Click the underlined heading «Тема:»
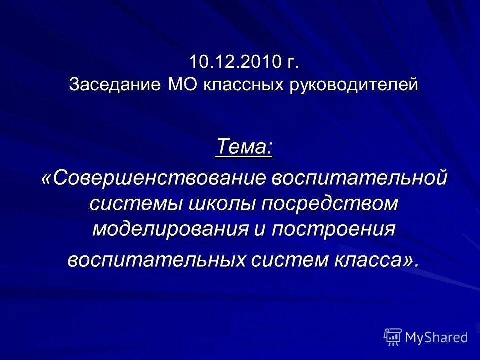244,147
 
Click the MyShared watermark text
436,337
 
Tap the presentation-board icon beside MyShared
393,337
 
